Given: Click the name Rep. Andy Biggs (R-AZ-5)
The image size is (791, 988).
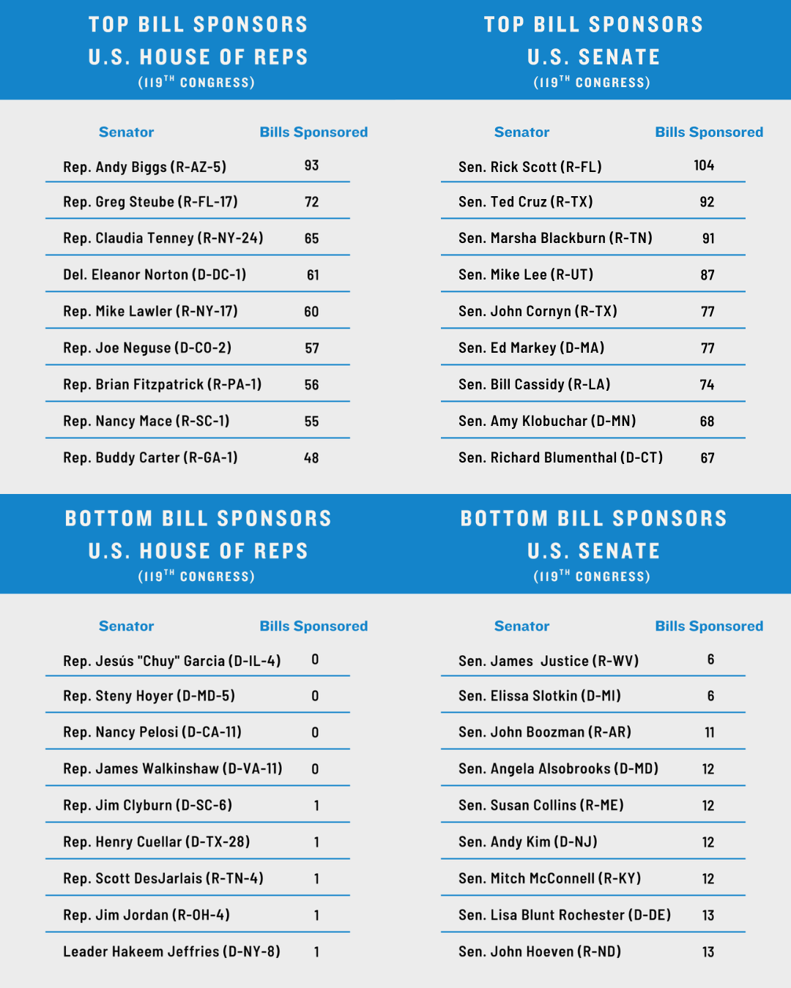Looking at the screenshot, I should click(144, 167).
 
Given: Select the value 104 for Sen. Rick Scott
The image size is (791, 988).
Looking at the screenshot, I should click(704, 165).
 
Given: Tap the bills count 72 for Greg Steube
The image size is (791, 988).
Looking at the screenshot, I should click(312, 202).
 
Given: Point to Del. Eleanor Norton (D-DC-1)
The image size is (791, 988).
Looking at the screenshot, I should click(155, 274).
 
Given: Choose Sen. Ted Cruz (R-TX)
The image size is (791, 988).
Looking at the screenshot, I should click(525, 202).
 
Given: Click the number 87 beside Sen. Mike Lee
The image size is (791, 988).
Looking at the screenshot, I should click(708, 275).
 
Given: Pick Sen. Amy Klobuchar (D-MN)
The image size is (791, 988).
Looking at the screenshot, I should click(547, 421).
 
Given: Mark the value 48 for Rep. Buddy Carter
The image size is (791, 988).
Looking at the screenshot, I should click(311, 458).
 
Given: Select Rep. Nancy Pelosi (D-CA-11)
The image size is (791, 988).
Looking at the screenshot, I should click(152, 732).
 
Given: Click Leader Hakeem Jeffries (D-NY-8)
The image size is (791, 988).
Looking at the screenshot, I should click(171, 951).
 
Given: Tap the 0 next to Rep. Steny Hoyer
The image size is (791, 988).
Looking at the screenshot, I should click(315, 696).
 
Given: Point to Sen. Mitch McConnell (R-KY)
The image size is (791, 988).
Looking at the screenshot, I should click(549, 878).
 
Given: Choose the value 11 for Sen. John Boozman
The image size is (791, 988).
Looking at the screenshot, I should click(709, 733).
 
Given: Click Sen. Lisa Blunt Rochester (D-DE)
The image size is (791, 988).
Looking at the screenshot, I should click(565, 915).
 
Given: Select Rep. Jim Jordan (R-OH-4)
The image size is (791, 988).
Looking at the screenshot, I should click(146, 915).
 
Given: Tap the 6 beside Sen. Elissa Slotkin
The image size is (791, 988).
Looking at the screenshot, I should click(710, 696).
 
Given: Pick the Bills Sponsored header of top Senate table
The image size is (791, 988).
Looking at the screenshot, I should click(709, 132).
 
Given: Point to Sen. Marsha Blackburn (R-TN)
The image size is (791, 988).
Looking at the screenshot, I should click(555, 238).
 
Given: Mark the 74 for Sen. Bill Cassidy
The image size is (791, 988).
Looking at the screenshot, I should click(707, 385).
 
